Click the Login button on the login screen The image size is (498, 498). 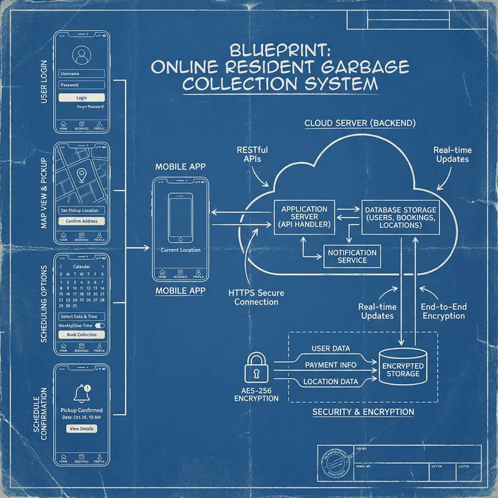coord(82,98)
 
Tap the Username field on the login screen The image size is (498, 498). coord(82,74)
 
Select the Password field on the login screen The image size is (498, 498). coord(82,85)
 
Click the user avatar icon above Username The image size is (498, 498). coord(82,56)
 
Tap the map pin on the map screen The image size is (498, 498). coord(82,176)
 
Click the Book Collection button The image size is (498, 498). coord(82,335)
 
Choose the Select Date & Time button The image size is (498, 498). coord(82,317)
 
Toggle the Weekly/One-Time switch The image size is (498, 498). coord(99,326)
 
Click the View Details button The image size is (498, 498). coord(82,429)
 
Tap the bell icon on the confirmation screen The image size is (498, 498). coord(82,393)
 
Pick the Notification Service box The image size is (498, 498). coord(352,256)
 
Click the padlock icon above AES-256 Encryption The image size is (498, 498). coord(256,369)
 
